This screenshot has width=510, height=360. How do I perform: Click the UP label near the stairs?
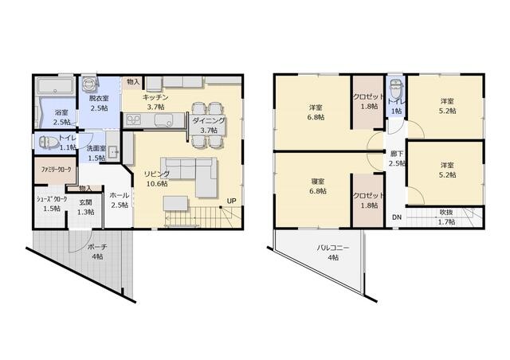coord(231,201)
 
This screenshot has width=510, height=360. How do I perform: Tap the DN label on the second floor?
coord(397,217)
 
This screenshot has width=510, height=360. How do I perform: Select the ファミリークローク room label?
coord(56,170)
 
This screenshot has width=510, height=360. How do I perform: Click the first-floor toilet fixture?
coord(49,142)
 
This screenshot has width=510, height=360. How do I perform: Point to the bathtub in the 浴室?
coord(55,86)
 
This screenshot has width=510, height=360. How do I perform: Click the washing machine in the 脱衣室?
coord(89,84)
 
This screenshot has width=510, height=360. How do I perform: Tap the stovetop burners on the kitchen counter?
coord(133,120)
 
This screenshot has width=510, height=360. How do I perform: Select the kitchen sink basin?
coord(163,120)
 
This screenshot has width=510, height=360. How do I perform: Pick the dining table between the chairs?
coord(208,124)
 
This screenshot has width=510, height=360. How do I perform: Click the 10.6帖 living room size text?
coord(157,184)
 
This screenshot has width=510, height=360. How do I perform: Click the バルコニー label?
coord(333,248)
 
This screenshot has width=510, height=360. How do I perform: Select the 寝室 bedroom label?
coord(317,182)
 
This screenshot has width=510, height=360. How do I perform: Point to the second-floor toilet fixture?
coord(395,88)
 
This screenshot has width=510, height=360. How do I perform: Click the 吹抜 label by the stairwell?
coord(447,213)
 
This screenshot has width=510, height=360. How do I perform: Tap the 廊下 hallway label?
coord(397,154)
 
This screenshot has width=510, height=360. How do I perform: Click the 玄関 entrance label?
coord(85,202)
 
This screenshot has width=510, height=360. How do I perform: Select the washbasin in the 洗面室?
coord(113,152)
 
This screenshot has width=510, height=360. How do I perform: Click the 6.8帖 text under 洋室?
coord(316,117)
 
